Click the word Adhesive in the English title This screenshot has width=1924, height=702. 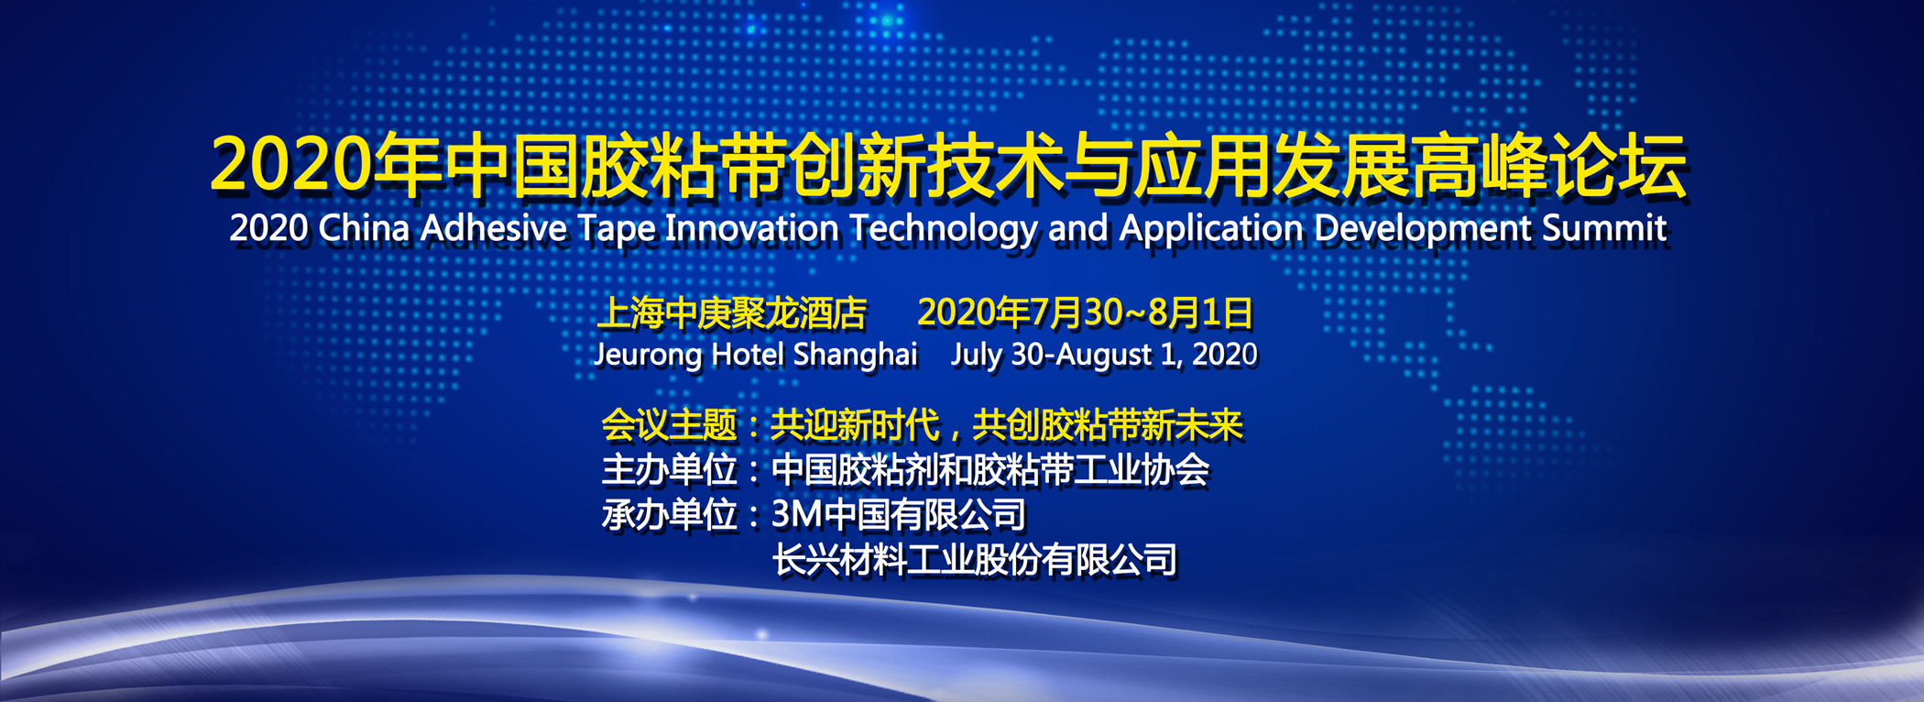click(493, 228)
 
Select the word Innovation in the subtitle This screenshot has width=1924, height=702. click(751, 228)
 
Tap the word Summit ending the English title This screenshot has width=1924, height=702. click(1604, 228)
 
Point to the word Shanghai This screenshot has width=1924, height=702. click(855, 356)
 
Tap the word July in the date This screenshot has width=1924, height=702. click(976, 356)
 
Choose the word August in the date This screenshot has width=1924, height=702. click(1104, 356)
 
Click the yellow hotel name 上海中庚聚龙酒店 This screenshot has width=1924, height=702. click(732, 313)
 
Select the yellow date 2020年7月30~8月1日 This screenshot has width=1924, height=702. click(1085, 313)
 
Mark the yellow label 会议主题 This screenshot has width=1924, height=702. click(669, 425)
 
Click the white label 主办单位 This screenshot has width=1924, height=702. click(669, 470)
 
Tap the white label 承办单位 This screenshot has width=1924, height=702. click(669, 515)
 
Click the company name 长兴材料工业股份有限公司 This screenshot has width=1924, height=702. click(975, 560)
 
